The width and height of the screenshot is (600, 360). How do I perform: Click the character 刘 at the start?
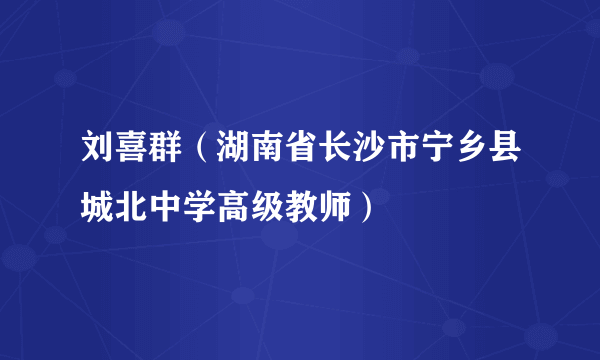point(98,155)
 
